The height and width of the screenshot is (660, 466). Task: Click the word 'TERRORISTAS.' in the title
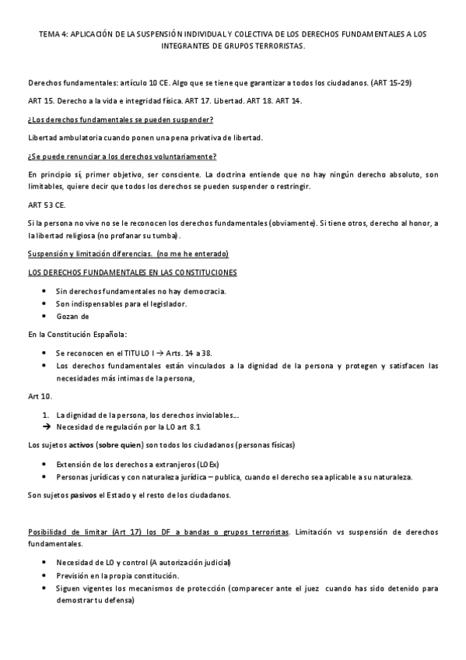[282, 46]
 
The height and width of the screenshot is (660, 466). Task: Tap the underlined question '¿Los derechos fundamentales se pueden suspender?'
[121, 119]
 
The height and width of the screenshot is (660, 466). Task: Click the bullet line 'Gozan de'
[73, 316]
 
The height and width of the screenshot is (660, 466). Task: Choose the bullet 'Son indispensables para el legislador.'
[121, 304]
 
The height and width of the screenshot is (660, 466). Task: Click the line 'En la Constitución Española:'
[77, 334]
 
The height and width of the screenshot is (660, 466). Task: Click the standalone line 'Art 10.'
[40, 395]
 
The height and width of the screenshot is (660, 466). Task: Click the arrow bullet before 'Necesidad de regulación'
[46, 427]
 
